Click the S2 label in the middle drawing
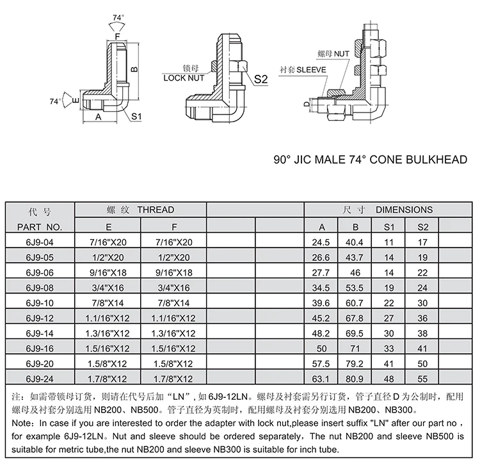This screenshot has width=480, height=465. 260,79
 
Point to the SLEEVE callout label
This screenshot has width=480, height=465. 312,68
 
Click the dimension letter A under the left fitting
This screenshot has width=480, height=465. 99,118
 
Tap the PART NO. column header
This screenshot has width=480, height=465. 40,227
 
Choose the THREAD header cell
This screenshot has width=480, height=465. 141,210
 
